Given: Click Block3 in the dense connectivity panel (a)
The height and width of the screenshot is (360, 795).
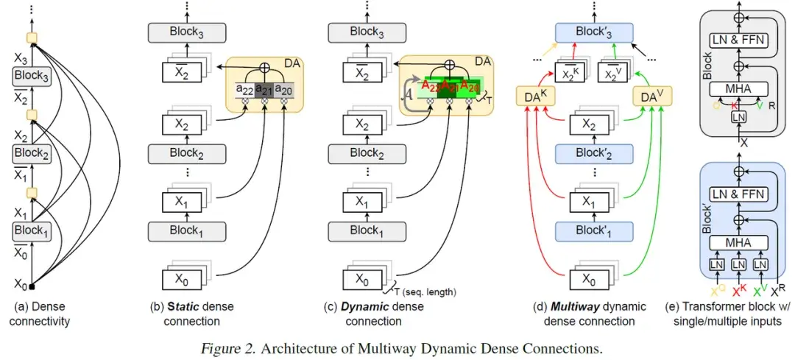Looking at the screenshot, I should pos(31,77).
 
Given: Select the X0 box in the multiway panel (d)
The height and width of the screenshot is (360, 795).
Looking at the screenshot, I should pos(590,280).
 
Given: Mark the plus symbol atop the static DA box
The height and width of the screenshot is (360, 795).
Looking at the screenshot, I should pos(264,66).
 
